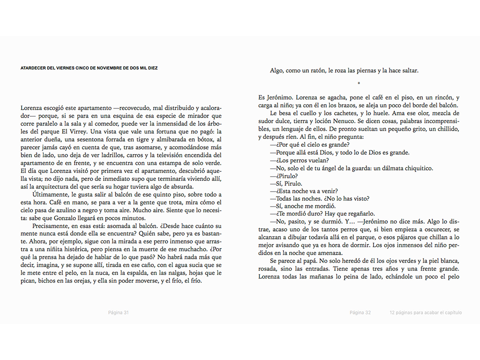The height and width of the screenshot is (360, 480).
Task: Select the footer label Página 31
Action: (118, 313)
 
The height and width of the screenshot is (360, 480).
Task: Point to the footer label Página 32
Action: (360, 313)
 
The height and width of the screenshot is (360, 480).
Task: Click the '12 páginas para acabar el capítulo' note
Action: (425, 313)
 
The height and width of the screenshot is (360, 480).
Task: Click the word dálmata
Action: (386, 168)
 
